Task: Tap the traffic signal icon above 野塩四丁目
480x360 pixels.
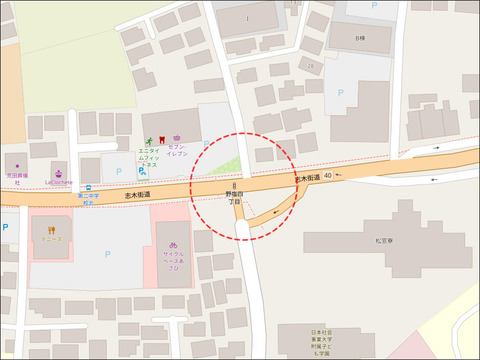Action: [x=234, y=186]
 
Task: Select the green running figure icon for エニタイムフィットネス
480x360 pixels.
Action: [x=146, y=139]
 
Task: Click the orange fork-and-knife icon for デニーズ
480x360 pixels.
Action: [x=52, y=230]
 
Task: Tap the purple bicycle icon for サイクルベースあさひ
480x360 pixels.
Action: [x=173, y=245]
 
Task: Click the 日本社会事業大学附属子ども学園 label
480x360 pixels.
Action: [x=319, y=343]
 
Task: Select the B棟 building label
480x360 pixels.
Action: [x=359, y=40]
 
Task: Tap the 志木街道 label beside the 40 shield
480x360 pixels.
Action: [x=306, y=177]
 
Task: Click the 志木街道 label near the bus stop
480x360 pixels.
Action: [x=138, y=196]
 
